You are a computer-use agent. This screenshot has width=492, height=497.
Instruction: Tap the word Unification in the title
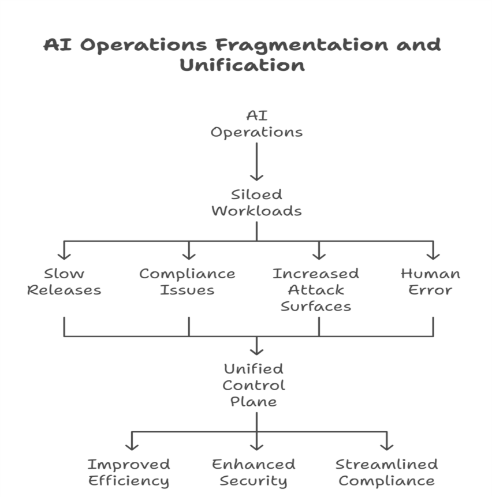click(242, 65)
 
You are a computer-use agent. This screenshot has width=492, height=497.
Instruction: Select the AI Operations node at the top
click(256, 124)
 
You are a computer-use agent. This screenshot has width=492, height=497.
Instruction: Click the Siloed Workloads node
click(256, 202)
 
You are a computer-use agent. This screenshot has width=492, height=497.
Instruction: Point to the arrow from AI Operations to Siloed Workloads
click(256, 162)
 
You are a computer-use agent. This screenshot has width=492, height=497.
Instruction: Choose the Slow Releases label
click(64, 282)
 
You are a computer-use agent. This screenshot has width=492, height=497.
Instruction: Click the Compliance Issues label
click(188, 282)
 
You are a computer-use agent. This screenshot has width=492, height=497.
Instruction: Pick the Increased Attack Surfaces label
click(316, 290)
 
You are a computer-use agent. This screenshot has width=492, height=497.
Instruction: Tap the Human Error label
click(430, 282)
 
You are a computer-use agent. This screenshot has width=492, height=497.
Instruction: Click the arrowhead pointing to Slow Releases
click(64, 255)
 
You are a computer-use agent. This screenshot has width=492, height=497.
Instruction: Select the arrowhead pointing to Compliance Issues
click(189, 255)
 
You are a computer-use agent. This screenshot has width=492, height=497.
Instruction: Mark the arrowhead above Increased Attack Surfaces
click(319, 255)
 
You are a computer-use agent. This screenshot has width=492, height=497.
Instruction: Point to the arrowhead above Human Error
click(433, 255)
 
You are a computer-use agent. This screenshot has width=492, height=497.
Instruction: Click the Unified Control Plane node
click(254, 385)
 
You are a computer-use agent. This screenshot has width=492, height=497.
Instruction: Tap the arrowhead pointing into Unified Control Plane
click(256, 350)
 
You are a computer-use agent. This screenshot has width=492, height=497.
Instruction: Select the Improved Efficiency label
click(129, 472)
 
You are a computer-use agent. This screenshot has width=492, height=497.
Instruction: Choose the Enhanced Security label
click(254, 472)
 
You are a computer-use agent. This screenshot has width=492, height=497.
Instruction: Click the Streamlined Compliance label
click(386, 472)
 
